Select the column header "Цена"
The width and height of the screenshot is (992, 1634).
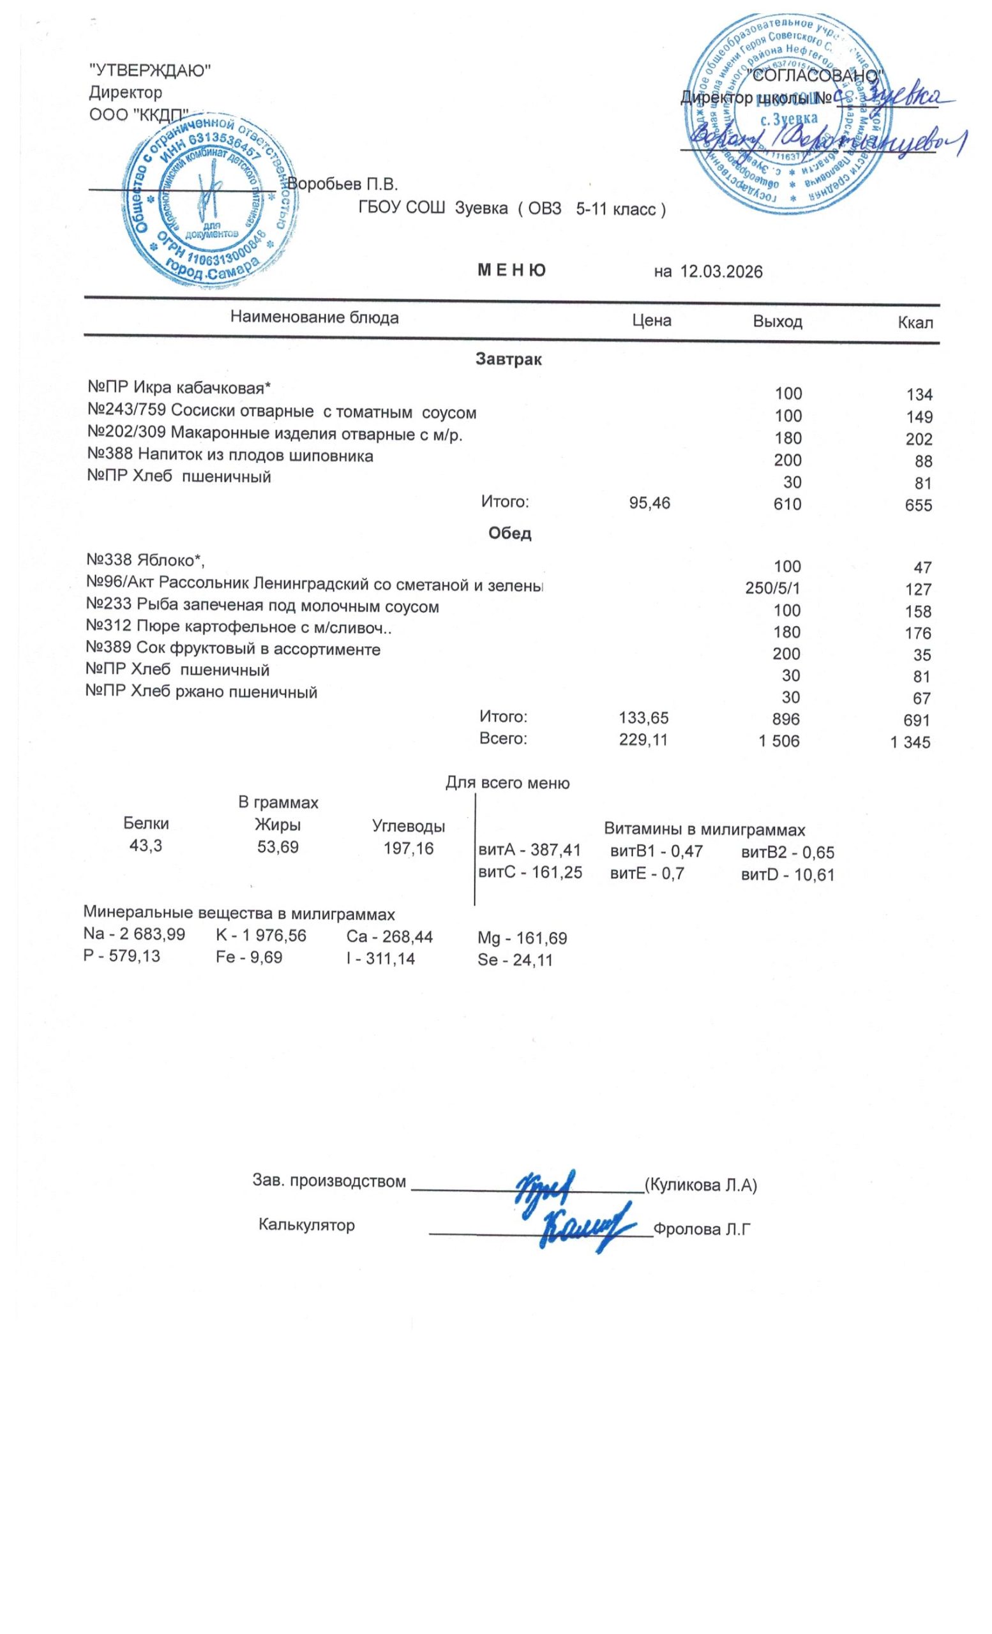(x=651, y=322)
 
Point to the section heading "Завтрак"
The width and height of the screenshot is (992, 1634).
(x=509, y=360)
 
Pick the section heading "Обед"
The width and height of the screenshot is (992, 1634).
(x=509, y=534)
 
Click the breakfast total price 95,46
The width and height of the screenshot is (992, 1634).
(x=649, y=504)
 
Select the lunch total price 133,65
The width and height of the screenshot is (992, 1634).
(x=643, y=717)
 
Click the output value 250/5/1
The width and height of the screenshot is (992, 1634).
(x=772, y=589)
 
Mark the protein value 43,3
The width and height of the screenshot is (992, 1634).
(x=146, y=847)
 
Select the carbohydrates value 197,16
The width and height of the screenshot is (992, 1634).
(x=409, y=848)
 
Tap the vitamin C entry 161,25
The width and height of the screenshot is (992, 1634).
(x=530, y=873)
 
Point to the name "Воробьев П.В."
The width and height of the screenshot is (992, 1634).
(x=342, y=183)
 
